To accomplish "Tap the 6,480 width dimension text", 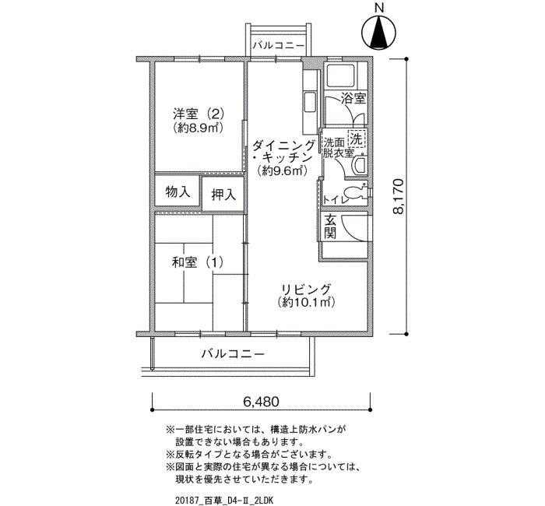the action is (261, 402).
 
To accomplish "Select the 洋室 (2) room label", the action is (198, 114).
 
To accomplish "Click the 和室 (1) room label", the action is (198, 262).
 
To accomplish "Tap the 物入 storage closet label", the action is (178, 192).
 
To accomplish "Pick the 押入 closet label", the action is (223, 195).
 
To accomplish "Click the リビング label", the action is (306, 289).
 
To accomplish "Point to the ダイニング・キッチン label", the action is (283, 152).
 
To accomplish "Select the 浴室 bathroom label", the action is (353, 98).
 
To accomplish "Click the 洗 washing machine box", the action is (356, 139).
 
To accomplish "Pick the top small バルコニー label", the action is (279, 45).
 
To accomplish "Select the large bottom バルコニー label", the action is (234, 354).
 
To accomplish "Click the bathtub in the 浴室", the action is (341, 76).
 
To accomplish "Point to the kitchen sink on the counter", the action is (310, 102).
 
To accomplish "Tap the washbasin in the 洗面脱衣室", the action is (359, 166).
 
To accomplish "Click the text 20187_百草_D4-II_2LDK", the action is (225, 500).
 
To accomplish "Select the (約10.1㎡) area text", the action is (306, 302).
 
